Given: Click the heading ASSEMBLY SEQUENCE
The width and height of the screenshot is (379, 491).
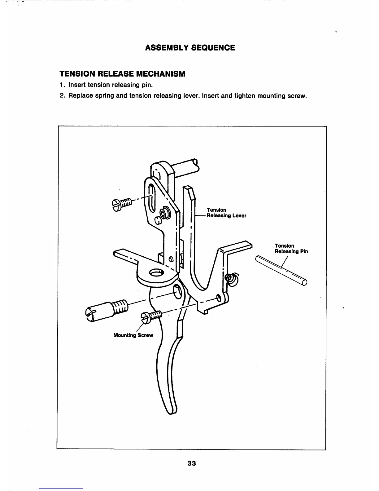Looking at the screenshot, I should click(190, 48).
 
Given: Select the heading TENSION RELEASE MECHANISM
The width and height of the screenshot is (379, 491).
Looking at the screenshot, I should click(122, 74).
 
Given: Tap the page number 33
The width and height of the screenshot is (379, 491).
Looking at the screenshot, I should click(192, 463).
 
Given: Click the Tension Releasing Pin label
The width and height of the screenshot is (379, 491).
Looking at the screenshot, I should click(291, 249).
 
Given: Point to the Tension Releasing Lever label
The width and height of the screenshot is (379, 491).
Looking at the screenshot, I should click(226, 213).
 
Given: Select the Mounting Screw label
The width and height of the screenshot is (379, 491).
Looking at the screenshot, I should click(133, 335).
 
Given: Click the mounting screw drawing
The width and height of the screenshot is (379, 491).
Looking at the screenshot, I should click(152, 316).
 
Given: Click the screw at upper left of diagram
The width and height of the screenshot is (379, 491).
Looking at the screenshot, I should click(121, 204).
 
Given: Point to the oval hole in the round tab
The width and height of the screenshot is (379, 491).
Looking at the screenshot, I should click(156, 272).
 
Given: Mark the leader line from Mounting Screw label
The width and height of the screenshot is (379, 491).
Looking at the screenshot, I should click(140, 327).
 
